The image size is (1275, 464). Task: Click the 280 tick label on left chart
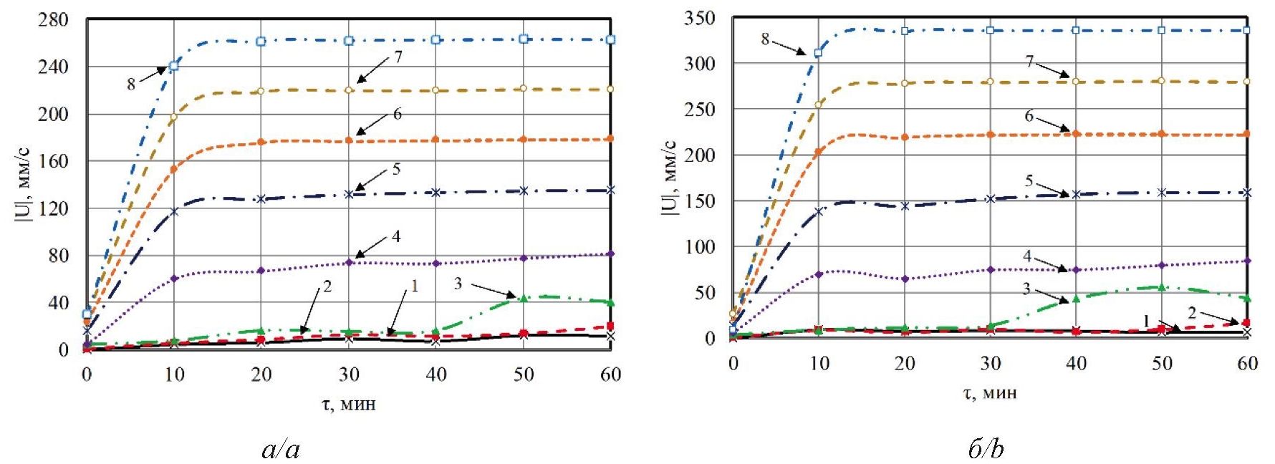pyautogui.click(x=54, y=19)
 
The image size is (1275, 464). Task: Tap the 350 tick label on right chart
pyautogui.click(x=700, y=18)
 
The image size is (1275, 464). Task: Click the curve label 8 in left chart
pyautogui.click(x=130, y=84)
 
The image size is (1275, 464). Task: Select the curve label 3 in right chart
pyautogui.click(x=1026, y=289)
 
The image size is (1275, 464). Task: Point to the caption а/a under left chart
pyautogui.click(x=281, y=449)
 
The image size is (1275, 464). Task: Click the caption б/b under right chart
pyautogui.click(x=986, y=449)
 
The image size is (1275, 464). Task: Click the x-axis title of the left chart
pyautogui.click(x=349, y=404)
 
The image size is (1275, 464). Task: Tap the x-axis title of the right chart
pyautogui.click(x=990, y=392)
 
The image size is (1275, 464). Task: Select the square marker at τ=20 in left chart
pyautogui.click(x=261, y=41)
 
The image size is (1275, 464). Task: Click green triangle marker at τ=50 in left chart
pyautogui.click(x=524, y=298)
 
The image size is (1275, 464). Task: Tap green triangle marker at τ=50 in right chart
pyautogui.click(x=1162, y=287)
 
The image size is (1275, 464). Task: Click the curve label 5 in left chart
pyautogui.click(x=396, y=169)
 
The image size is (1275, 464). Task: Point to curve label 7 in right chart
pyautogui.click(x=1029, y=62)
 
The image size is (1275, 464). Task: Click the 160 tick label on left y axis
pyautogui.click(x=54, y=161)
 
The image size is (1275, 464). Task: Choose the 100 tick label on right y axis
pyautogui.click(x=700, y=247)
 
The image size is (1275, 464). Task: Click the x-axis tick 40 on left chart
pyautogui.click(x=436, y=374)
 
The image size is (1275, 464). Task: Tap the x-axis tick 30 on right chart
pyautogui.click(x=990, y=363)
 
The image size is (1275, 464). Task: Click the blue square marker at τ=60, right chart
pyautogui.click(x=1247, y=30)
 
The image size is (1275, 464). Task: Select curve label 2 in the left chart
pyautogui.click(x=327, y=286)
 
